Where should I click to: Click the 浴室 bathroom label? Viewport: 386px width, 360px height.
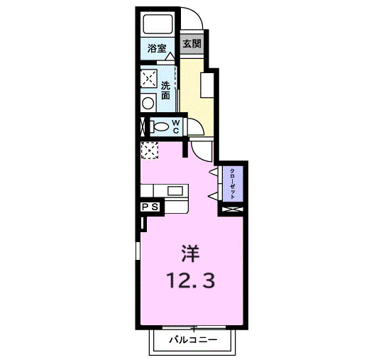tap(157, 49)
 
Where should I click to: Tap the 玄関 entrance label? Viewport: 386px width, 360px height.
tap(192, 44)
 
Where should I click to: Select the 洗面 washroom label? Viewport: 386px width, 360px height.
tap(165, 90)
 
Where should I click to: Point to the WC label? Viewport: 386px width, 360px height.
tap(177, 126)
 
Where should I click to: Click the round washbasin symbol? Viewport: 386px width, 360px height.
tap(148, 103)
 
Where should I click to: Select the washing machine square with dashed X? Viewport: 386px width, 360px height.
tap(149, 77)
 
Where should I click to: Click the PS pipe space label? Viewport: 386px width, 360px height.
tap(150, 207)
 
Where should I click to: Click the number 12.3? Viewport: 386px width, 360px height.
tap(191, 280)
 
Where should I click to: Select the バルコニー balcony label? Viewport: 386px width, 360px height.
tap(192, 340)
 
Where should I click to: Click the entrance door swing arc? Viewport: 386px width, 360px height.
tap(193, 18)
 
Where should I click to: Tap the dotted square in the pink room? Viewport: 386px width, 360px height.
tap(150, 151)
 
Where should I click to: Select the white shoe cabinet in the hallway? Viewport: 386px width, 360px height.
tap(207, 85)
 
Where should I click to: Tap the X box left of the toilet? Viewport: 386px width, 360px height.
tap(143, 127)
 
